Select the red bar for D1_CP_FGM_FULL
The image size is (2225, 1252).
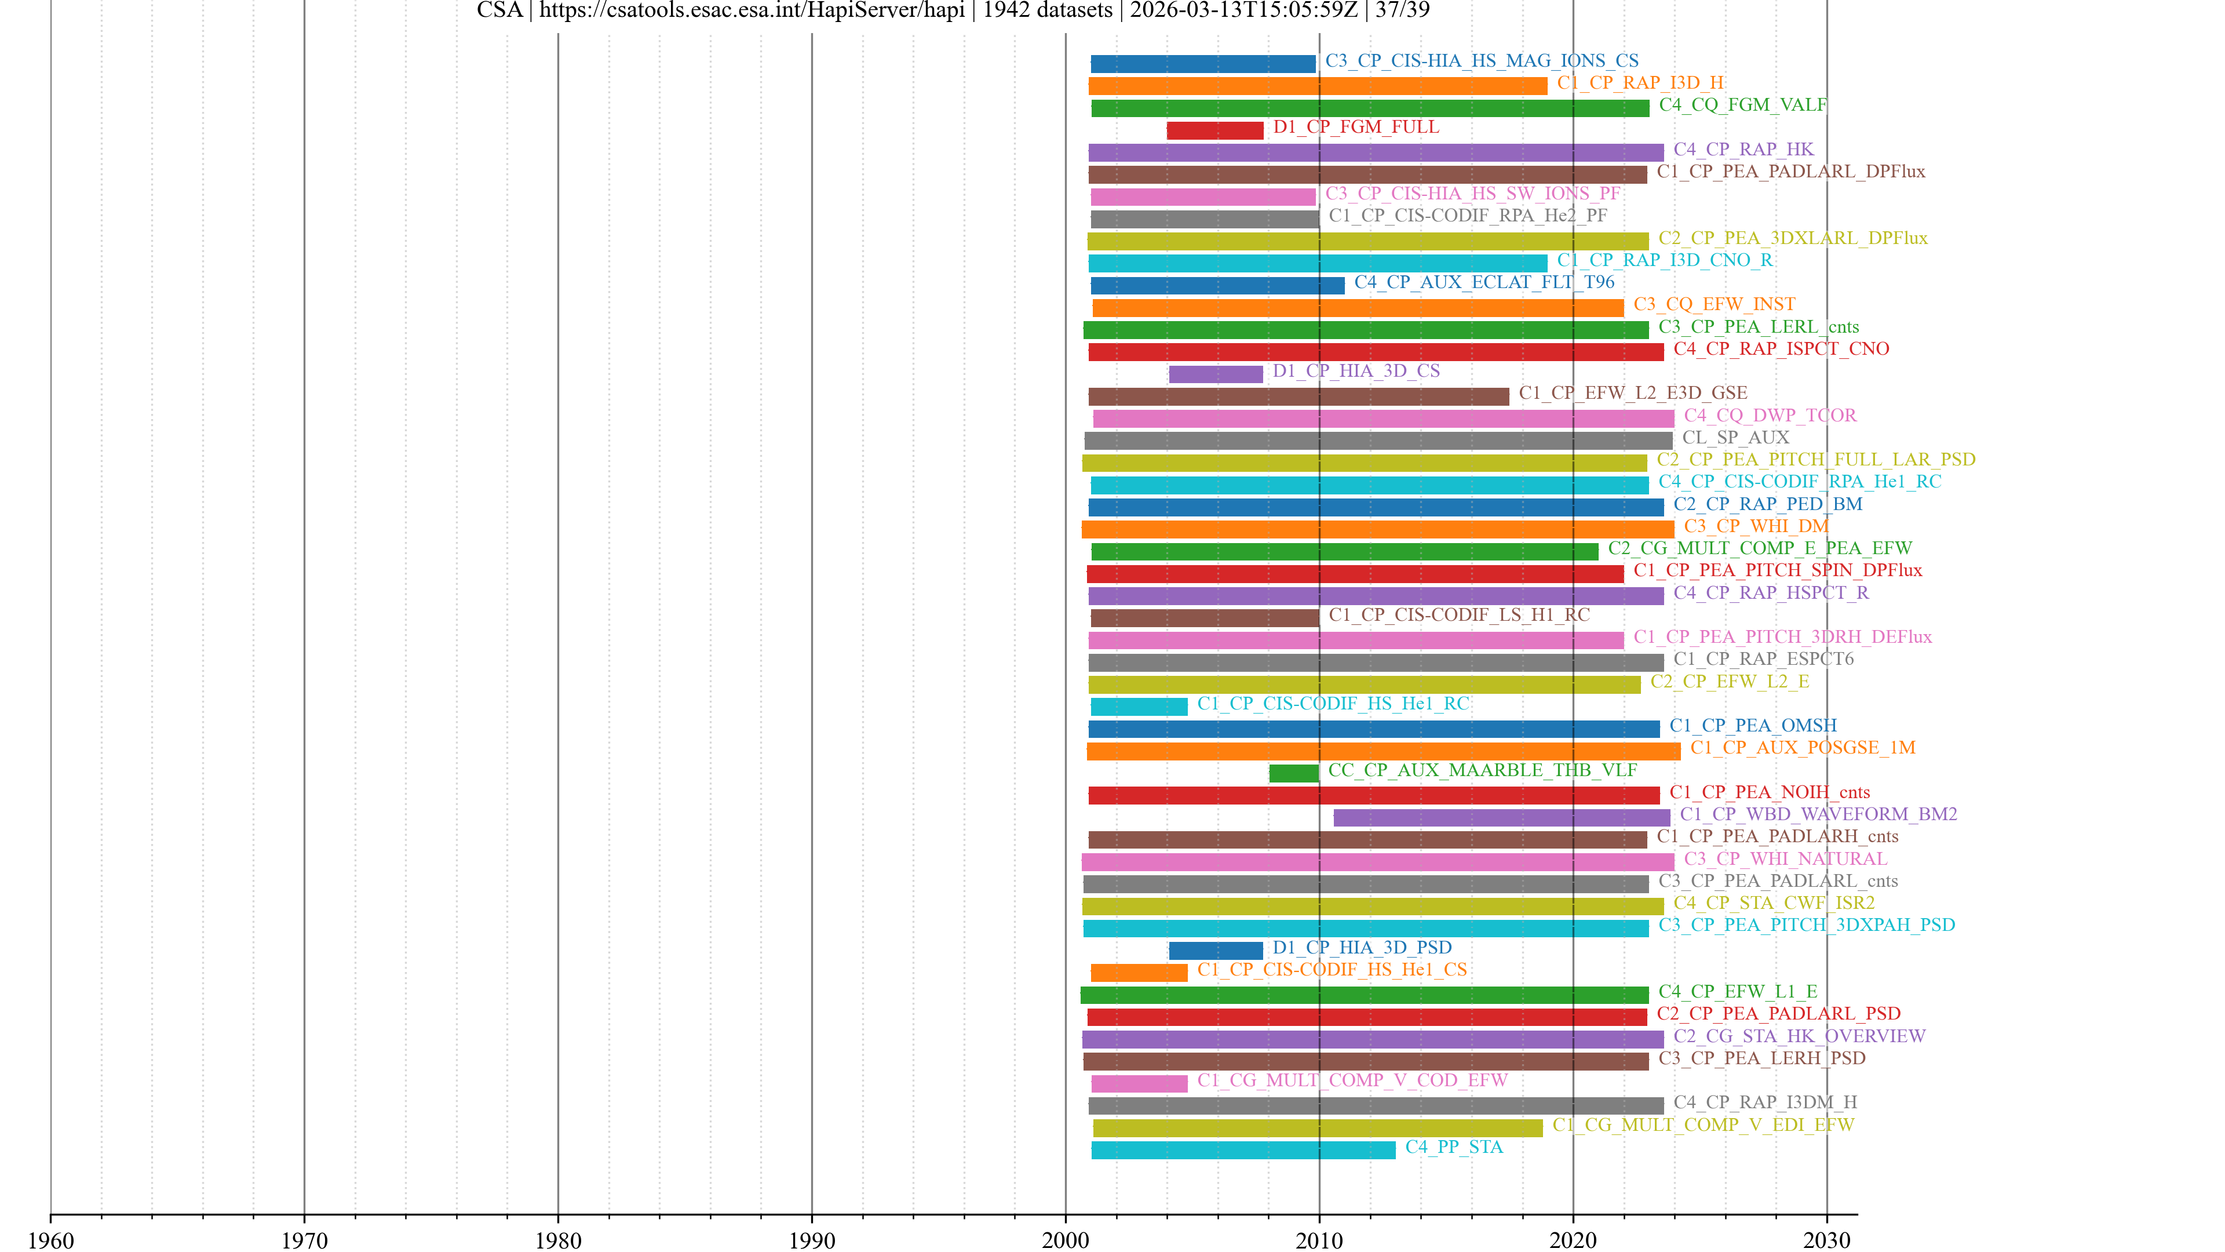click(1214, 130)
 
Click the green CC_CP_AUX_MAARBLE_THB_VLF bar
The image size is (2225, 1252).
click(1293, 773)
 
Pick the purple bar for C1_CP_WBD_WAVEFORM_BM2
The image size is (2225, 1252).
click(1501, 817)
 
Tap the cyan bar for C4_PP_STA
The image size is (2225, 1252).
click(1243, 1150)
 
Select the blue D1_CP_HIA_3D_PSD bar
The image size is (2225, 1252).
click(1215, 951)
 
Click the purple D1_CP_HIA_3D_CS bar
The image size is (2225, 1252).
click(1215, 374)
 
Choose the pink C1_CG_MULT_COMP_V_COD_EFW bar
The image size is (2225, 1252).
click(1139, 1083)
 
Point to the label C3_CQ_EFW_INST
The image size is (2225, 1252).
click(1714, 304)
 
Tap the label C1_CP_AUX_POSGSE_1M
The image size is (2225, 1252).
click(1803, 747)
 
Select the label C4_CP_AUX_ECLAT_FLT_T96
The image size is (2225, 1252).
click(1484, 282)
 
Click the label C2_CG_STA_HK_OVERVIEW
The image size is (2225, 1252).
click(1799, 1035)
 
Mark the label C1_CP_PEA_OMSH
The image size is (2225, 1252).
click(1753, 725)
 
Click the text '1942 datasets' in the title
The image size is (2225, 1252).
click(1047, 10)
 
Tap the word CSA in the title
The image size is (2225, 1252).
click(499, 10)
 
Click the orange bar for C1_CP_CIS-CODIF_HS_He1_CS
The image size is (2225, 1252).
click(1139, 973)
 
